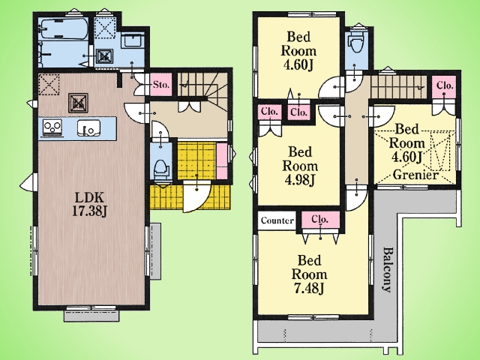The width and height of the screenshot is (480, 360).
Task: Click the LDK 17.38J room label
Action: tap(89, 204)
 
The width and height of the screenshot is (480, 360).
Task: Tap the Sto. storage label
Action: tap(161, 84)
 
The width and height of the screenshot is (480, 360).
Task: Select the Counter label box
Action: tap(277, 220)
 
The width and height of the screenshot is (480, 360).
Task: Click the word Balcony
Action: tap(387, 270)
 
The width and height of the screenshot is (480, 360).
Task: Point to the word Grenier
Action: tap(415, 175)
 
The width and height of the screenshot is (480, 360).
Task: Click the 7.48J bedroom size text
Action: tap(309, 288)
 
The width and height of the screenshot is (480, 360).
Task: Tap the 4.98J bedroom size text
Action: tap(300, 180)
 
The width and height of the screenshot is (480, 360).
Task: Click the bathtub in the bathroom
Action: tap(64, 29)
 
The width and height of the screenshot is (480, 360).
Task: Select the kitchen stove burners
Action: tap(52, 127)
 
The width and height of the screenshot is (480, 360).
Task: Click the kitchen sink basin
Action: tap(88, 127)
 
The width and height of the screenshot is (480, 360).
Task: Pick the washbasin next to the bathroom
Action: tap(133, 40)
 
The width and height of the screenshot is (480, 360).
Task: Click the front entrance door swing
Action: tap(196, 196)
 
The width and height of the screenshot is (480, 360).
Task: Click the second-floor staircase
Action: tap(398, 87)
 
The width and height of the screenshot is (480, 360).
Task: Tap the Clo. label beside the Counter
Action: tap(320, 219)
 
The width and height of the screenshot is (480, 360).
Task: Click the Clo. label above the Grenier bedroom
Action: tap(445, 85)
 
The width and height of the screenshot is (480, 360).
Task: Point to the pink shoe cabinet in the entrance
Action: tap(222, 160)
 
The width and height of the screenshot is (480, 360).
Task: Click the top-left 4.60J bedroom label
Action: tap(298, 51)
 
